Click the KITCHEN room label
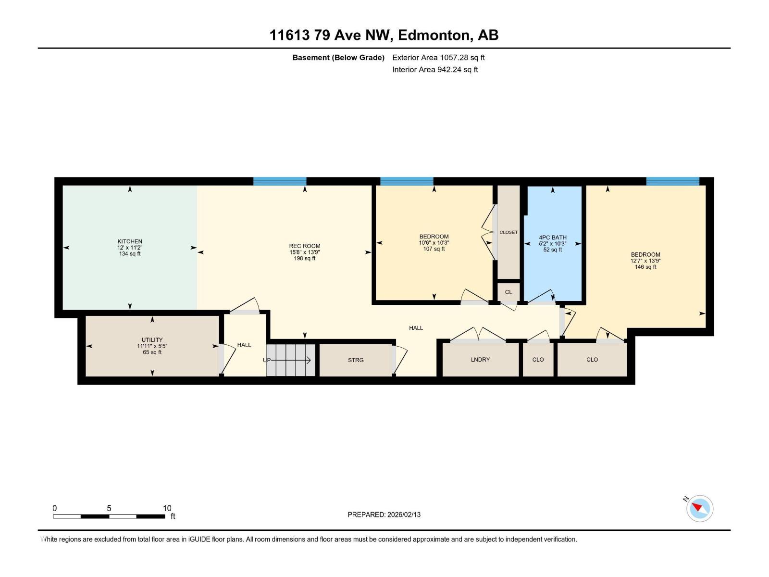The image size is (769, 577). point(130,241)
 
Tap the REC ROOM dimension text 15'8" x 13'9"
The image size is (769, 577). point(305,252)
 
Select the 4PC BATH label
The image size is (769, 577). point(553,238)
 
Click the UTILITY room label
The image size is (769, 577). point(152,339)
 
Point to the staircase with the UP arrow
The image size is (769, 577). point(291,360)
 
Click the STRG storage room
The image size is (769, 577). point(356,360)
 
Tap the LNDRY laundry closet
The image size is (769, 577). point(480,360)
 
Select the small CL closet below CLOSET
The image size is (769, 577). point(509,292)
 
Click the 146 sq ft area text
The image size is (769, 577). point(645,267)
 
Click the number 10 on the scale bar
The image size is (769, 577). point(167,508)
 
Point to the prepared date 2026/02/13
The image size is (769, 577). point(403,514)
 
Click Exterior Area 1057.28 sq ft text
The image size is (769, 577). point(438,57)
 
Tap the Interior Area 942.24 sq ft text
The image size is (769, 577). point(435,69)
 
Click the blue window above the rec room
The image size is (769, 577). point(280,181)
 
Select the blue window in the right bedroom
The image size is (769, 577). point(672,181)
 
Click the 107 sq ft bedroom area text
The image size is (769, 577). point(434,249)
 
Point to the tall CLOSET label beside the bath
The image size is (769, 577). point(509,232)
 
